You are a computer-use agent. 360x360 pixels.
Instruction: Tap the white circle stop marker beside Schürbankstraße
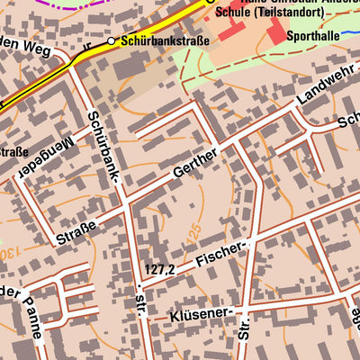click(112, 40)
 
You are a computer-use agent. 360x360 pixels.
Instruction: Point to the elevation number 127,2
click(160, 268)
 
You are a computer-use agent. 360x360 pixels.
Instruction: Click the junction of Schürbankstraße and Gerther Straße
click(127, 201)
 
